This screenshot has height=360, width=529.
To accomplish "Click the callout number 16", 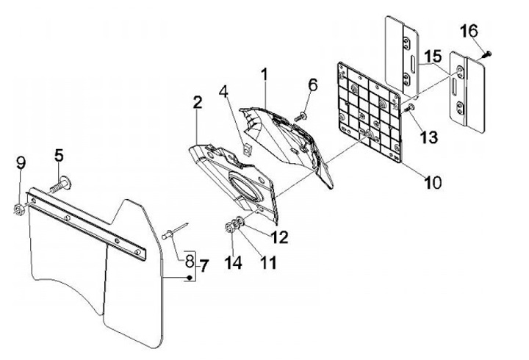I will [469, 32].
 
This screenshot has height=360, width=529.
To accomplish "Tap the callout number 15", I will [432, 55].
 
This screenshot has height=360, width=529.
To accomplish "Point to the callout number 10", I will [432, 181].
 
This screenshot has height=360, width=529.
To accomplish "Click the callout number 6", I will [312, 86].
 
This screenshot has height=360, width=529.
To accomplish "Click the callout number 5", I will [59, 156].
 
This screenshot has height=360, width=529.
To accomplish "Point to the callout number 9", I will [21, 163].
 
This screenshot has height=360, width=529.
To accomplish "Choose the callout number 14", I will [233, 262].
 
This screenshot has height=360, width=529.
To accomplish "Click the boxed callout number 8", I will [189, 260].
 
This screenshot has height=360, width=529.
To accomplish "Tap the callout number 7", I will [204, 265].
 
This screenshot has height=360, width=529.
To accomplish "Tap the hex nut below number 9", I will [18, 210].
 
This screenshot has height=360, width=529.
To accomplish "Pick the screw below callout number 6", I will [301, 115].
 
